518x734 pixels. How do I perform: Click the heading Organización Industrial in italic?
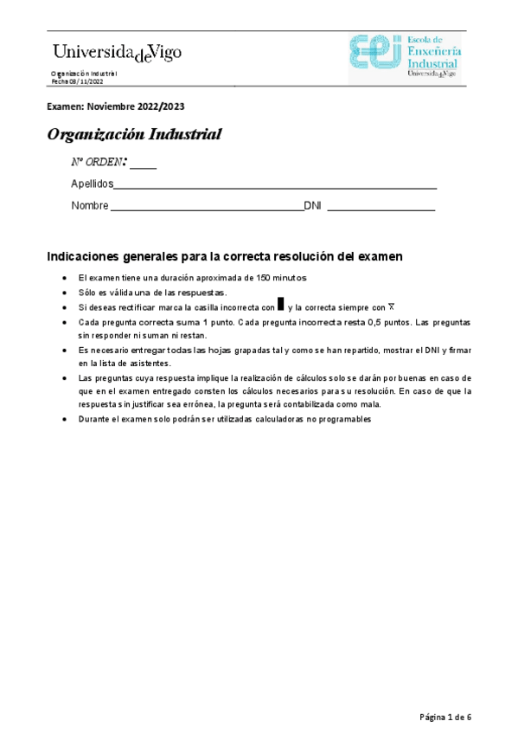click(134, 135)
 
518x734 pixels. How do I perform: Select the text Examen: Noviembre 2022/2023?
click(115, 106)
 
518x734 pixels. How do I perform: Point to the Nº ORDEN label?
click(99, 163)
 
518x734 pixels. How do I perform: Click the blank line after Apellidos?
click(275, 186)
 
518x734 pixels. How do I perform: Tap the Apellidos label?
click(92, 184)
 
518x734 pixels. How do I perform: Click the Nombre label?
click(90, 206)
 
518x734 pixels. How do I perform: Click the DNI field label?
click(312, 206)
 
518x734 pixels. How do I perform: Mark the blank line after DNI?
click(381, 209)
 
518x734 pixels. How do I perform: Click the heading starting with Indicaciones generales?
click(224, 257)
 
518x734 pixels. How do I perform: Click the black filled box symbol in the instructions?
click(280, 306)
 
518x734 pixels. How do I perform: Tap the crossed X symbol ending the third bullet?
click(391, 306)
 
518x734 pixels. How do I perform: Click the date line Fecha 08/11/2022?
click(77, 81)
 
